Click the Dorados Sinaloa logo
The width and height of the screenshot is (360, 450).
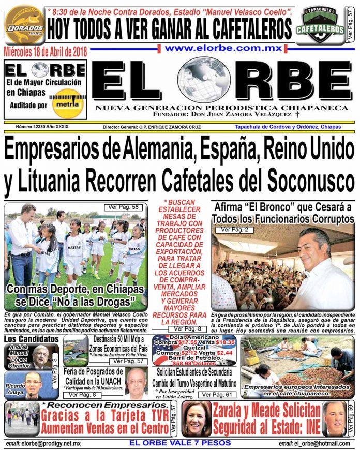pos(24,24)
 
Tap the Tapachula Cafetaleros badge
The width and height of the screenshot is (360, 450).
pos(320,23)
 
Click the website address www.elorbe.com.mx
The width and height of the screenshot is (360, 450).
pos(223,48)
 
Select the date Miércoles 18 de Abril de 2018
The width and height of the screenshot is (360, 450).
pos(45,52)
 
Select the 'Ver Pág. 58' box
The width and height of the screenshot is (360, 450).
pos(123,207)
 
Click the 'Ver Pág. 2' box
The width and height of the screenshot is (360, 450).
pos(231,229)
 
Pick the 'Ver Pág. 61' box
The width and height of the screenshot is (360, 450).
pos(217,395)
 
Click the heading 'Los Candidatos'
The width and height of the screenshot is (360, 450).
pos(31,339)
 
